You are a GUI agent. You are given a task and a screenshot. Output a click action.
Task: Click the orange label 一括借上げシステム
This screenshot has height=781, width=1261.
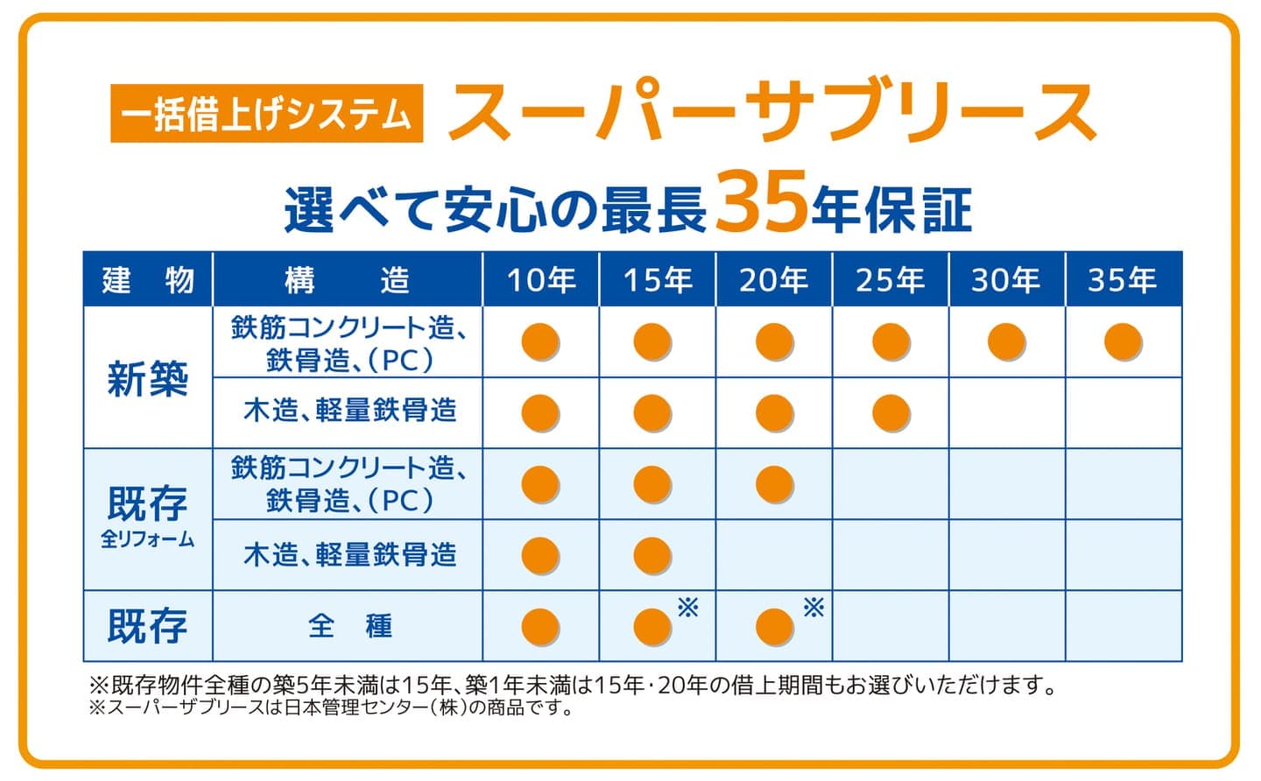coord(266,113)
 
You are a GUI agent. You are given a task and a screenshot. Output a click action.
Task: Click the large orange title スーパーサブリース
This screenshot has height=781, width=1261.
coord(772,111)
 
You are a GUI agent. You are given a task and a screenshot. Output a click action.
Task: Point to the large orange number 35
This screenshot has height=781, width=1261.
coord(761,205)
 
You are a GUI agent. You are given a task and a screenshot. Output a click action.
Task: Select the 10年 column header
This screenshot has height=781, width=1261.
coord(540,280)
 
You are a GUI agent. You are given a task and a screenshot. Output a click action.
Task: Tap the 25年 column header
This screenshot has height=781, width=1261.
coord(890,280)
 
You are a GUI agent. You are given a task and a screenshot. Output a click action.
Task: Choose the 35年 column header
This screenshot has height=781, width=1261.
coord(1122,280)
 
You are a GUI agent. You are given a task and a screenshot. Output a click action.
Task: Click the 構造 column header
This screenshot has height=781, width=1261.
coord(348,280)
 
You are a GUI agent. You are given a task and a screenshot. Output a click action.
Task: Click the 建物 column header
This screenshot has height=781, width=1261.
coord(148,280)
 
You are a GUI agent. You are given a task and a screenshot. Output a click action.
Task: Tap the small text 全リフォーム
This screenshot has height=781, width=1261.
coord(148,539)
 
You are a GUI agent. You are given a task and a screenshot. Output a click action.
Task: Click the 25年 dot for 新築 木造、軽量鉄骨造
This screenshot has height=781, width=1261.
coord(891,412)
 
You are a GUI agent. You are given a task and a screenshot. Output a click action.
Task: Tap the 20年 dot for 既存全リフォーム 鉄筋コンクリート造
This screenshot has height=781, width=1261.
coord(774,484)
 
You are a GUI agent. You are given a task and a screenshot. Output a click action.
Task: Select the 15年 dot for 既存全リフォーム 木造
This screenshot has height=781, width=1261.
coord(652,556)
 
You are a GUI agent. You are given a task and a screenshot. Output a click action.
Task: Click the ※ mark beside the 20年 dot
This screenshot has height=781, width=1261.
coord(814,607)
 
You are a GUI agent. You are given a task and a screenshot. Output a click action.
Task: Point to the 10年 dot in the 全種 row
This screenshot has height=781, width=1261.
coord(540,627)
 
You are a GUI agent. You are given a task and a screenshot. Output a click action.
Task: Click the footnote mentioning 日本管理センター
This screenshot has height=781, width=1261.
coord(333,707)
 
